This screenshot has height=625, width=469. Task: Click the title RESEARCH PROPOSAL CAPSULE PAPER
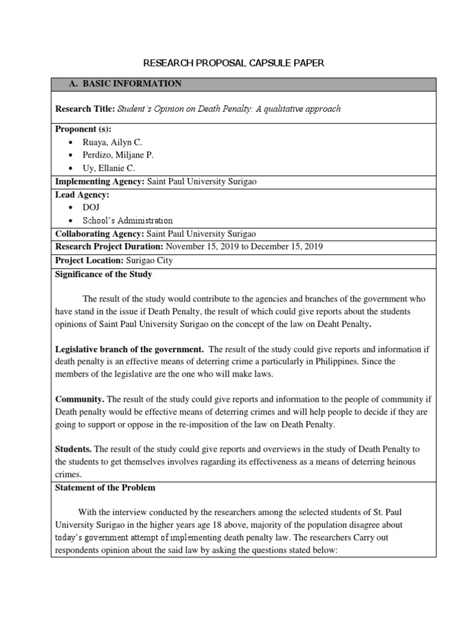coord(234,62)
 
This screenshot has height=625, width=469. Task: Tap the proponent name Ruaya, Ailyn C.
coord(112,142)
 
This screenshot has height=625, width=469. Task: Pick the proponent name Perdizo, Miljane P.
coord(118,155)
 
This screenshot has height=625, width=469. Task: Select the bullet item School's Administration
coord(127,220)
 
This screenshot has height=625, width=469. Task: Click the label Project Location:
coord(89,260)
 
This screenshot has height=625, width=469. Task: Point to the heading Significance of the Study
coord(104,274)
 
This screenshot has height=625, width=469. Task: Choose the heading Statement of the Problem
coord(105,488)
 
